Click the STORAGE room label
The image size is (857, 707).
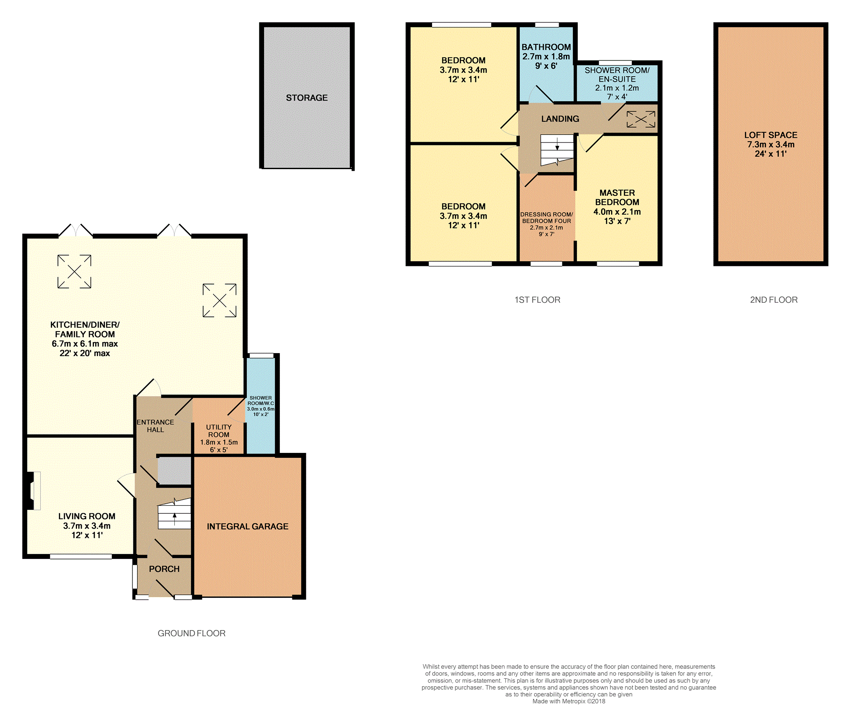307,98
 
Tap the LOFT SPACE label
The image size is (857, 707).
771,135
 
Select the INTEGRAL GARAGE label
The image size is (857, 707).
248,526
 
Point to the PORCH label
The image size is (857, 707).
164,569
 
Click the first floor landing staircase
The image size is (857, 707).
557,150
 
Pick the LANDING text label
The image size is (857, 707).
560,119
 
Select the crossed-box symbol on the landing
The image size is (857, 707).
641,119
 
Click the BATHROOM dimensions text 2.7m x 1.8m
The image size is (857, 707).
546,57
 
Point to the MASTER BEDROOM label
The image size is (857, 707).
617,197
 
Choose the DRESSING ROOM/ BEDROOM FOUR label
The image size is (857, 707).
546,218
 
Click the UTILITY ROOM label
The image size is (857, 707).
219,431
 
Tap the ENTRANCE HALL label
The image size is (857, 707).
155,426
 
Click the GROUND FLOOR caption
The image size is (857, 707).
191,633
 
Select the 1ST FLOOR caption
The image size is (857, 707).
537,300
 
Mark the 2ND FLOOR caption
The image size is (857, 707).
774,300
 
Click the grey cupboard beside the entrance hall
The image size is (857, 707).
174,471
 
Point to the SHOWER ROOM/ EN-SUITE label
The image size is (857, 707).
617,75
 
